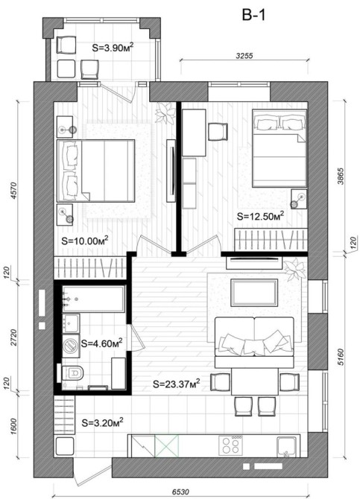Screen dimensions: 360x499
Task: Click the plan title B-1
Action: [253, 15]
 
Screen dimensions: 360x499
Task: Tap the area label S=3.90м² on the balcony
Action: [113, 48]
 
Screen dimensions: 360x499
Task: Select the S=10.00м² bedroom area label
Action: [85, 241]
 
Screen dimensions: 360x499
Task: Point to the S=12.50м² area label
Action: [260, 217]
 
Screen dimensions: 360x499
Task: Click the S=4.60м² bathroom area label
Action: [102, 343]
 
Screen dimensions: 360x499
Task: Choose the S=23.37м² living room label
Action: [177, 384]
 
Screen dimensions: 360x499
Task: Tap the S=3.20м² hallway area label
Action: [103, 423]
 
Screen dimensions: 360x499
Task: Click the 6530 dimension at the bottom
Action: [180, 492]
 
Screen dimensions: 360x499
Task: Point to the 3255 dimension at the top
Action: [244, 56]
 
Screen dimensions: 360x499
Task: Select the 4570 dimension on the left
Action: [13, 191]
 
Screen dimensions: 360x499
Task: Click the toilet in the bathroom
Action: [72, 373]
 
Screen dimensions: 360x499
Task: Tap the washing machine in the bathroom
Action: [71, 345]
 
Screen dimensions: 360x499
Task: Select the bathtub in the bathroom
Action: [93, 299]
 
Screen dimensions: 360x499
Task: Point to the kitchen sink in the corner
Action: [287, 446]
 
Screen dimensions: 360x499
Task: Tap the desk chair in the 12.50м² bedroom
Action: [218, 132]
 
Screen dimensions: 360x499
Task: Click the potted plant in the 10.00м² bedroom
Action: [165, 113]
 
